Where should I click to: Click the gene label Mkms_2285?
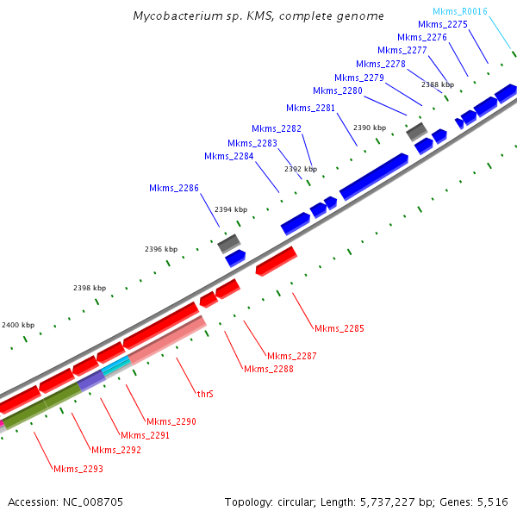point(339,328)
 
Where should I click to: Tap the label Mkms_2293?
point(78,469)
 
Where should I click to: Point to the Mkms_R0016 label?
point(459,11)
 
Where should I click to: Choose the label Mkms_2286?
point(173,188)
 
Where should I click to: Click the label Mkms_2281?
point(310,108)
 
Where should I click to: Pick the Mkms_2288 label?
point(268,369)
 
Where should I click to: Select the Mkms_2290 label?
point(171,421)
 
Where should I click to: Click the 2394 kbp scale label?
point(231,209)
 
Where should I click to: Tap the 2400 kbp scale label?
point(18,325)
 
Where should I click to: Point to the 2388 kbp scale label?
point(437,84)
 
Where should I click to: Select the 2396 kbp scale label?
point(160,249)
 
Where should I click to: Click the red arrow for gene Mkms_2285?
point(276,261)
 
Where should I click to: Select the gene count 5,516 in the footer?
point(493,501)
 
